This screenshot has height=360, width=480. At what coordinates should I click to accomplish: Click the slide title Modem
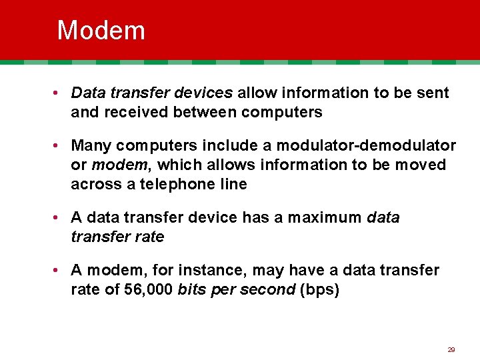(x=101, y=31)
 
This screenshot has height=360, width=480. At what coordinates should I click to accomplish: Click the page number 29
(x=451, y=349)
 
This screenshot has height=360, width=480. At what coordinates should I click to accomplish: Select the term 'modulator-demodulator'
(x=366, y=145)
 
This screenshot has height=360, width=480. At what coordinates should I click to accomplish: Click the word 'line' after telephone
(x=233, y=184)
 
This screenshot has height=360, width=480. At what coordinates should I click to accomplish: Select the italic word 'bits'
(x=192, y=290)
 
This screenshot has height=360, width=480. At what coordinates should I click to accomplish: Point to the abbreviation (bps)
(x=320, y=290)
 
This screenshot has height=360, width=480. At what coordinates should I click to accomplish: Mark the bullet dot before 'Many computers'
(x=59, y=145)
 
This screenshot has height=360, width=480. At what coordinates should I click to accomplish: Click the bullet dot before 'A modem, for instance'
(x=59, y=270)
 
